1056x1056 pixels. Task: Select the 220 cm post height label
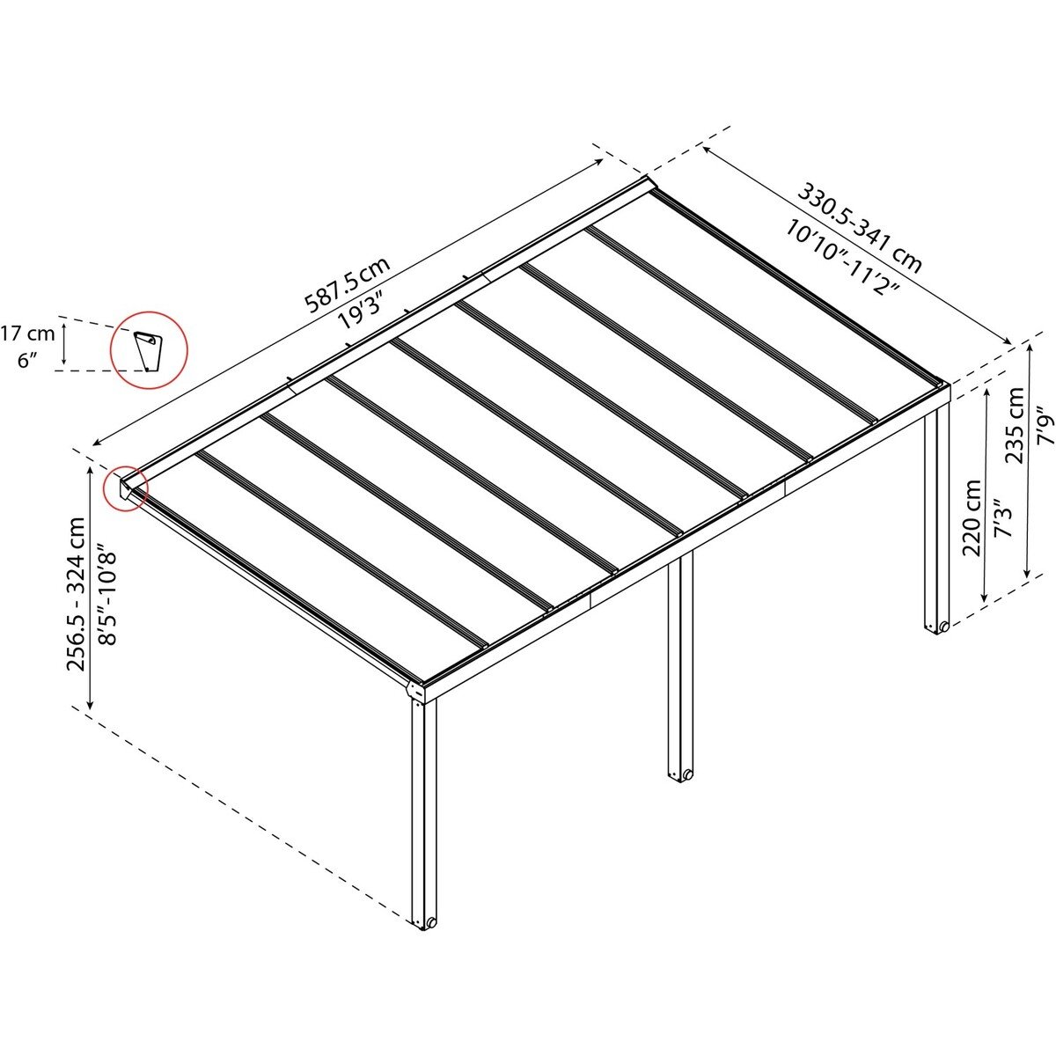click(x=972, y=518)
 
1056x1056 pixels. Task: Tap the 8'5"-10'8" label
click(x=107, y=595)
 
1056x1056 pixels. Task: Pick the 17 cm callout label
click(x=27, y=334)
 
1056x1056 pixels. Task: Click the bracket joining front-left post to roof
click(x=415, y=692)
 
